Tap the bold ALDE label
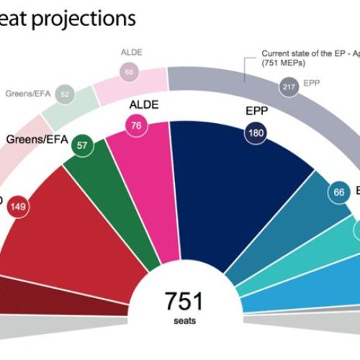click(x=143, y=106)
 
